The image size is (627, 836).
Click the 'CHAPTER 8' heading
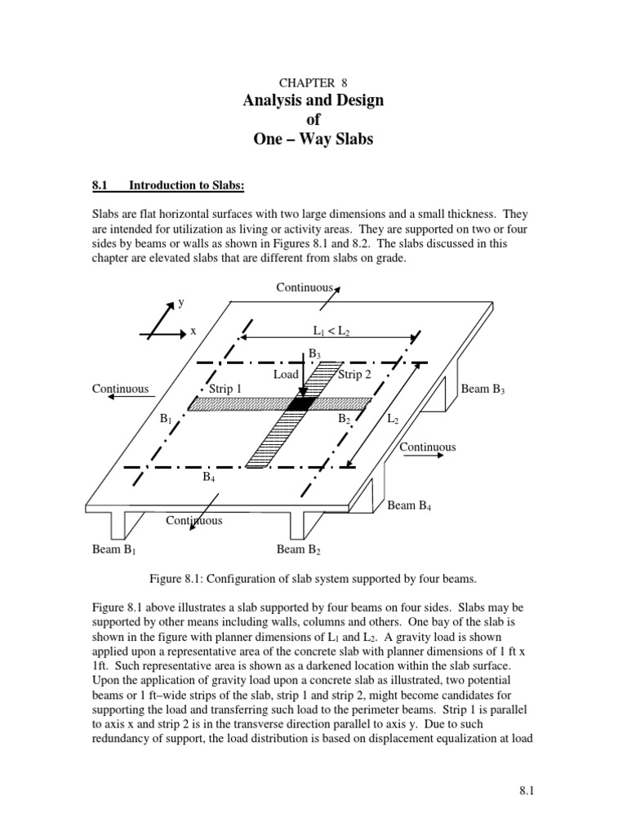click(313, 82)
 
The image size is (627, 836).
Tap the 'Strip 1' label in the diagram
click(225, 389)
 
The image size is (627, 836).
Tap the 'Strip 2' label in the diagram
click(354, 374)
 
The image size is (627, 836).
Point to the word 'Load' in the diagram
click(287, 374)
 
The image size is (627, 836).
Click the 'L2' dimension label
click(393, 418)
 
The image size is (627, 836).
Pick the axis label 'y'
click(180, 303)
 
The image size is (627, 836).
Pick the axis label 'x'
click(193, 331)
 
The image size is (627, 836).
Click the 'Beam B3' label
click(483, 389)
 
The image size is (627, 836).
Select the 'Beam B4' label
click(409, 505)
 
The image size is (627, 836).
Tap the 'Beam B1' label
click(113, 549)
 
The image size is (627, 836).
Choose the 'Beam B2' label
click(299, 549)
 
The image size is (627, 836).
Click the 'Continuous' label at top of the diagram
click(305, 287)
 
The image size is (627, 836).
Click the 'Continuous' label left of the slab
click(121, 389)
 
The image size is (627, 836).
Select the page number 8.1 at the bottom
click(525, 791)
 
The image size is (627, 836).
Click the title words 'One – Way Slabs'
click(313, 139)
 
